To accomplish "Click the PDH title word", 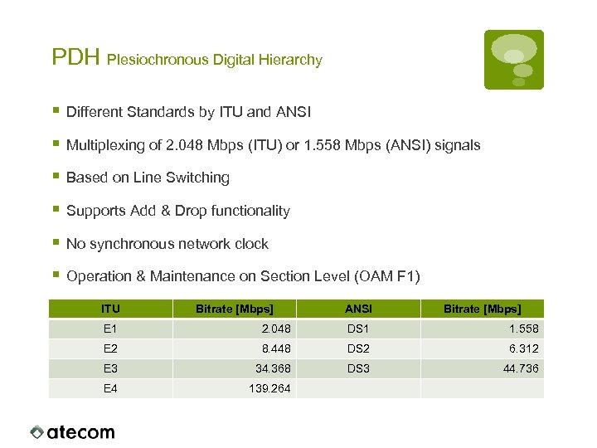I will coord(75,58).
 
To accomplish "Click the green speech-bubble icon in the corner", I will coord(514,59).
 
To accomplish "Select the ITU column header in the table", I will coord(110,309).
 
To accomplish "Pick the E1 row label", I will coord(110,329).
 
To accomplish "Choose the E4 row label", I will coord(110,388).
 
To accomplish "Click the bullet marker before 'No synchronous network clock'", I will coord(55,243).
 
